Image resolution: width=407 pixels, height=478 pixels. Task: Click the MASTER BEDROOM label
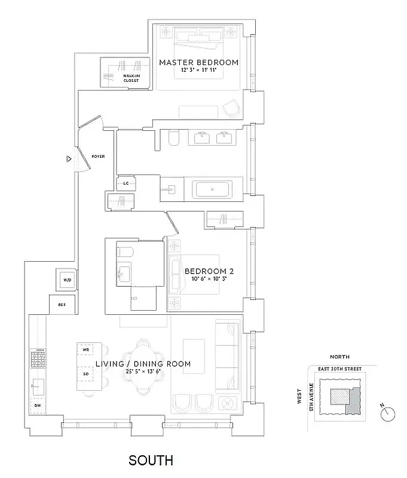tap(198, 62)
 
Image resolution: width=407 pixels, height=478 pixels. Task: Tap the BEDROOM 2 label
tap(209, 271)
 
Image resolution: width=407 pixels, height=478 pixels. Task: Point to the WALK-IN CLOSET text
tap(132, 78)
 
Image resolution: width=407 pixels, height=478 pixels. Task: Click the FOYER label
tap(98, 157)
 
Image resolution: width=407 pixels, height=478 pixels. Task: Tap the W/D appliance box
tap(66, 278)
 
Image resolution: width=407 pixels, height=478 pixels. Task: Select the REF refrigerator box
tap(62, 304)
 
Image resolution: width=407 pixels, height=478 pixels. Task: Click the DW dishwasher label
tap(38, 405)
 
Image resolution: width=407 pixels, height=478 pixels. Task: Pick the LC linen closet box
tap(126, 184)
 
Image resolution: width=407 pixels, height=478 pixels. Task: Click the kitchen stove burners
tap(38, 359)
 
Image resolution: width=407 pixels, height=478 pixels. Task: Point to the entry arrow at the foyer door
tap(69, 159)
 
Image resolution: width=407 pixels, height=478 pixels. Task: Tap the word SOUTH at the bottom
tap(151, 461)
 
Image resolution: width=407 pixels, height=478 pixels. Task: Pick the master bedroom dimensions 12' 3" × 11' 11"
tap(198, 71)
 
